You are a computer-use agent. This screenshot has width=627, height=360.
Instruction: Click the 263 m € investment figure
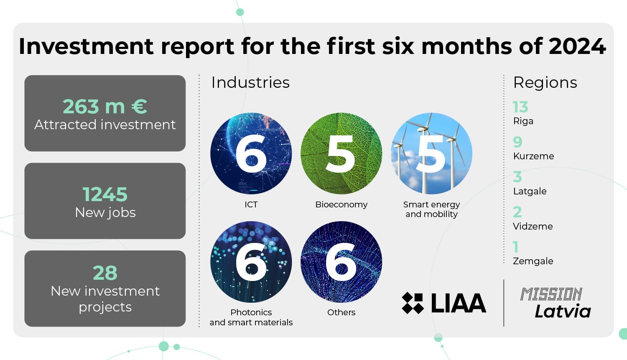(104, 107)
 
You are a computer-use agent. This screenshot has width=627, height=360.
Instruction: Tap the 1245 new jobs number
(105, 194)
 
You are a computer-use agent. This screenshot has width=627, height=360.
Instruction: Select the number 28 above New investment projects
(105, 273)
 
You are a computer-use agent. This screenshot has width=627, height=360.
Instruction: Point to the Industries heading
(250, 83)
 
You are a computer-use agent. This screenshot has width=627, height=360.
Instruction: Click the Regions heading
(545, 83)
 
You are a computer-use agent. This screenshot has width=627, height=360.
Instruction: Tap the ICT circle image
(251, 153)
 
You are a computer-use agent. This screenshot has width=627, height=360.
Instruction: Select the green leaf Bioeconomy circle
(341, 153)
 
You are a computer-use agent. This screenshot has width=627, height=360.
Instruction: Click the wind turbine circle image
(432, 153)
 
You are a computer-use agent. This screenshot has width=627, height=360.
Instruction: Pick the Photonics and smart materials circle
(251, 262)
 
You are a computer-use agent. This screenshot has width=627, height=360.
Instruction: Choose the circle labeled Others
(341, 262)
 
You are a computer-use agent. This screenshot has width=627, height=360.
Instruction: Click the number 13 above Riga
(520, 107)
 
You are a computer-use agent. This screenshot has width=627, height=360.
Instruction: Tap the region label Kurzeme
(533, 156)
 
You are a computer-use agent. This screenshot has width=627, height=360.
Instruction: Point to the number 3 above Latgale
(517, 176)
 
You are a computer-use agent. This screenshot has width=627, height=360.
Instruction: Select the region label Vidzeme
(533, 226)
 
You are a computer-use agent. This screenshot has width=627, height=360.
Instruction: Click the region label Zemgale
(533, 261)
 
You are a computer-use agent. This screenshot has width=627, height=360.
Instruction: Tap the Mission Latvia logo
(556, 303)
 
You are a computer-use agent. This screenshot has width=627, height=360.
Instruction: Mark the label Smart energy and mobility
(432, 209)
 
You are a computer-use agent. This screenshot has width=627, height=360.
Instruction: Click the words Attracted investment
(105, 125)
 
